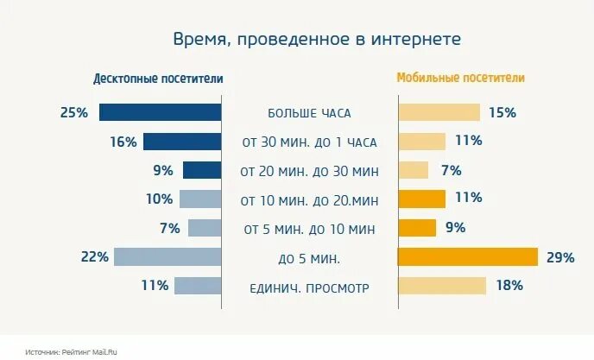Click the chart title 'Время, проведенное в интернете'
317,40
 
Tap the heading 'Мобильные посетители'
460,78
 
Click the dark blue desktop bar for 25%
161,112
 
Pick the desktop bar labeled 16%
182,142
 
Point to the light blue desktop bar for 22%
167,256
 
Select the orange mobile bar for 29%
467,256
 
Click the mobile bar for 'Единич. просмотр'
441,286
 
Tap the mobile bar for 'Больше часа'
438,112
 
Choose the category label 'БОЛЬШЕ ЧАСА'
309,113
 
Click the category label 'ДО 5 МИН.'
309,257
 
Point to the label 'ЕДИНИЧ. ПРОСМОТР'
309,287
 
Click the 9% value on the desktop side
163,170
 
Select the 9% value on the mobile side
455,228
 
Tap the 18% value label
509,286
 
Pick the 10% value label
159,199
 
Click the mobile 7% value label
450,170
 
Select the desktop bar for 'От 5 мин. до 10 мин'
205,228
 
